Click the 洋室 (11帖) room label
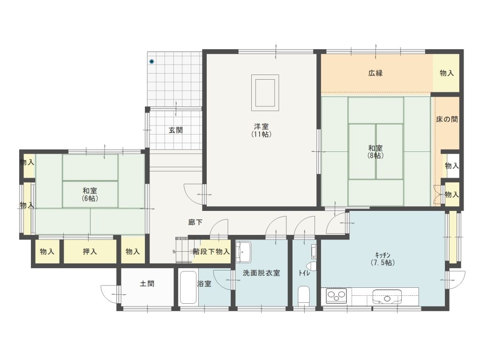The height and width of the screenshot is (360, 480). [261, 130]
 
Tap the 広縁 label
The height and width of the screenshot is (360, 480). [375, 73]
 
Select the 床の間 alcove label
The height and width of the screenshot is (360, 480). [447, 119]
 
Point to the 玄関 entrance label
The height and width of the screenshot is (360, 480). [176, 130]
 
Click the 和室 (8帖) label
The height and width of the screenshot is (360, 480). [375, 152]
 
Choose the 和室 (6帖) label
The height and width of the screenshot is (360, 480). [90, 195]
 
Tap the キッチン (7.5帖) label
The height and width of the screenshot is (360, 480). [382, 259]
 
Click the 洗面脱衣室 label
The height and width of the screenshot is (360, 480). [262, 273]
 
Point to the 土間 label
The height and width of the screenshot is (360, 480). [147, 284]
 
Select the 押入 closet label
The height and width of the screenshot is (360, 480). [90, 252]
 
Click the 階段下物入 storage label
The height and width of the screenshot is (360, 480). [211, 252]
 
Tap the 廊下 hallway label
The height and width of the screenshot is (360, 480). [195, 222]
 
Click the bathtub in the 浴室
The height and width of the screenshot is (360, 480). [188, 287]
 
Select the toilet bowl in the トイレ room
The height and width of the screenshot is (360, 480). [303, 295]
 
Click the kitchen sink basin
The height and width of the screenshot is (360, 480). [387, 297]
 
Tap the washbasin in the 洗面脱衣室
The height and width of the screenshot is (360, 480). [243, 251]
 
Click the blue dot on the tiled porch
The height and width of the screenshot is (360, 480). [151, 61]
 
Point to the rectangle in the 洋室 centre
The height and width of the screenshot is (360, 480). [265, 93]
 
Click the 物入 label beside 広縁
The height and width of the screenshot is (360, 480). [447, 73]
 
